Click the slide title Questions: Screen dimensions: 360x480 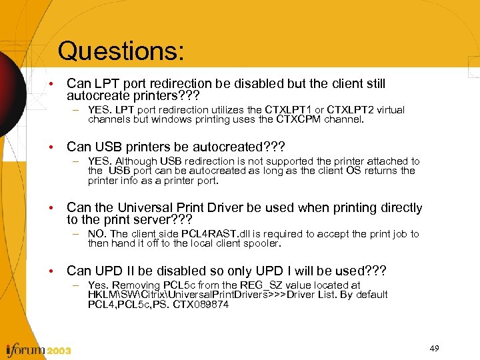121,51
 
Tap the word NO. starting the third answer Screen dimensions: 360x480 98,234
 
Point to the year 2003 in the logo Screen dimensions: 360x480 58,350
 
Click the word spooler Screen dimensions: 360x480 262,243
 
